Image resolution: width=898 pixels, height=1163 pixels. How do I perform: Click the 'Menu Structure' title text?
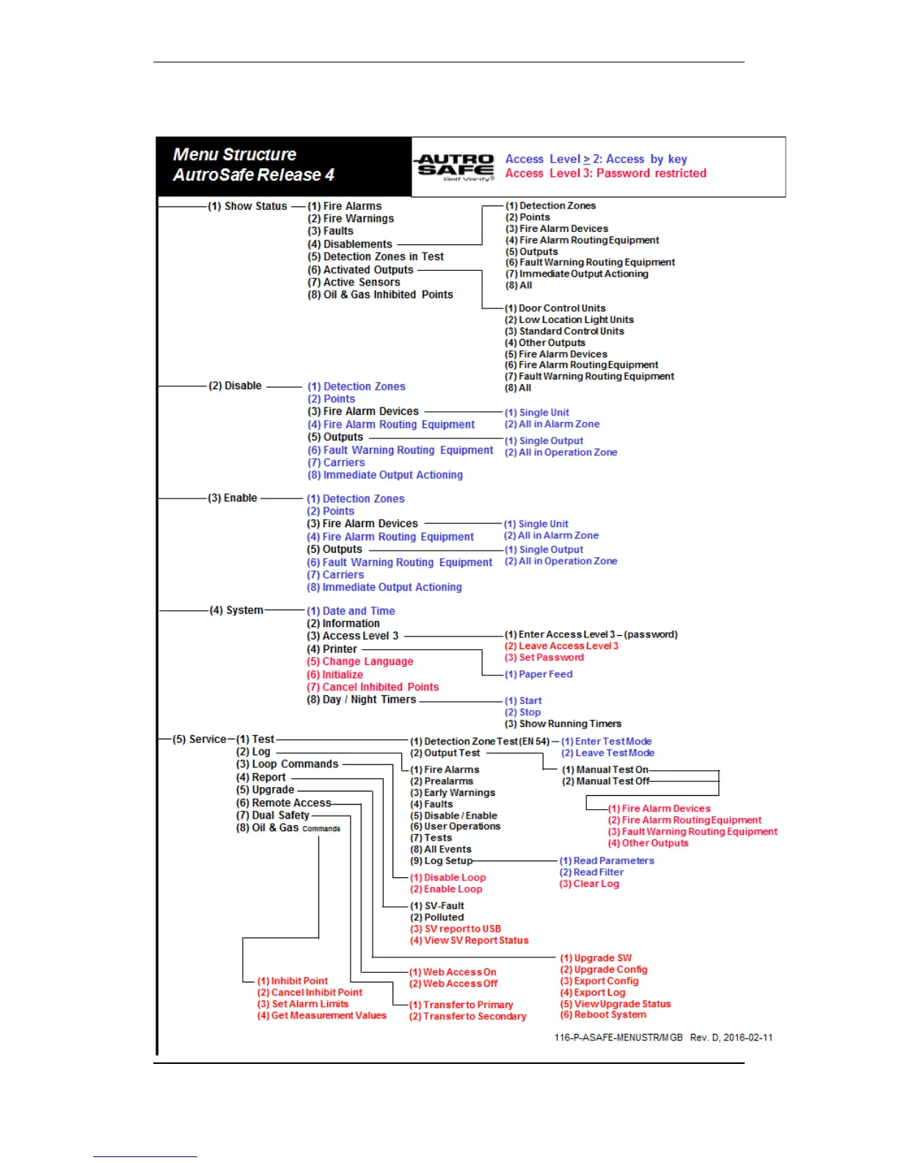(x=235, y=155)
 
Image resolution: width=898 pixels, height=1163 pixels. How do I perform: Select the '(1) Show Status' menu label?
(x=247, y=206)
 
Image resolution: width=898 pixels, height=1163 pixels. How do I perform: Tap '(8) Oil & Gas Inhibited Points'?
(x=380, y=295)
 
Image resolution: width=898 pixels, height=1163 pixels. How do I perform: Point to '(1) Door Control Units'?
(x=555, y=308)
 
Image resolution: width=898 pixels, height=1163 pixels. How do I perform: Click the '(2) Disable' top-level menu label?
(x=235, y=385)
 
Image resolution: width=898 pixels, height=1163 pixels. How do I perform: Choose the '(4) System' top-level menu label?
(x=236, y=610)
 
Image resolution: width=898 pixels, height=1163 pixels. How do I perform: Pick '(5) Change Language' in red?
(x=359, y=662)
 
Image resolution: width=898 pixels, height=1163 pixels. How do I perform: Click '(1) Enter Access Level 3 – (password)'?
(x=591, y=634)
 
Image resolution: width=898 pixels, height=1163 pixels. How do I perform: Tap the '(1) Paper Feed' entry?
(x=538, y=674)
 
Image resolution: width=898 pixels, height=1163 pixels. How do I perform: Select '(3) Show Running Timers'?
(x=563, y=724)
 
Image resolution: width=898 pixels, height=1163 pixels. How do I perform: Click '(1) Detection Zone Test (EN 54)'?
(x=479, y=742)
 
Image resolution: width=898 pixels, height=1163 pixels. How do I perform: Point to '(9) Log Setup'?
(x=441, y=861)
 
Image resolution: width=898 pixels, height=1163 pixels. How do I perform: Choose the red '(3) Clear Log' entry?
(x=589, y=884)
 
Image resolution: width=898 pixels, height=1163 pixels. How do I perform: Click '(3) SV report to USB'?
(x=455, y=929)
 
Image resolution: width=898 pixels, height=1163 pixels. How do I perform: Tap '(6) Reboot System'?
(x=603, y=1015)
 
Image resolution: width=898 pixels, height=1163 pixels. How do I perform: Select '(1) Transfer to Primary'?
(x=461, y=1005)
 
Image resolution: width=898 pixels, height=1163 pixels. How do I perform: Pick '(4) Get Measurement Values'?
(x=321, y=1015)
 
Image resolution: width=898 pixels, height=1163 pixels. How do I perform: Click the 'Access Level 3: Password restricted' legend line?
(x=605, y=173)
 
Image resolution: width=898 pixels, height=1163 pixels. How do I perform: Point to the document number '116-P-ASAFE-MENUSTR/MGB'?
(x=618, y=1037)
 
